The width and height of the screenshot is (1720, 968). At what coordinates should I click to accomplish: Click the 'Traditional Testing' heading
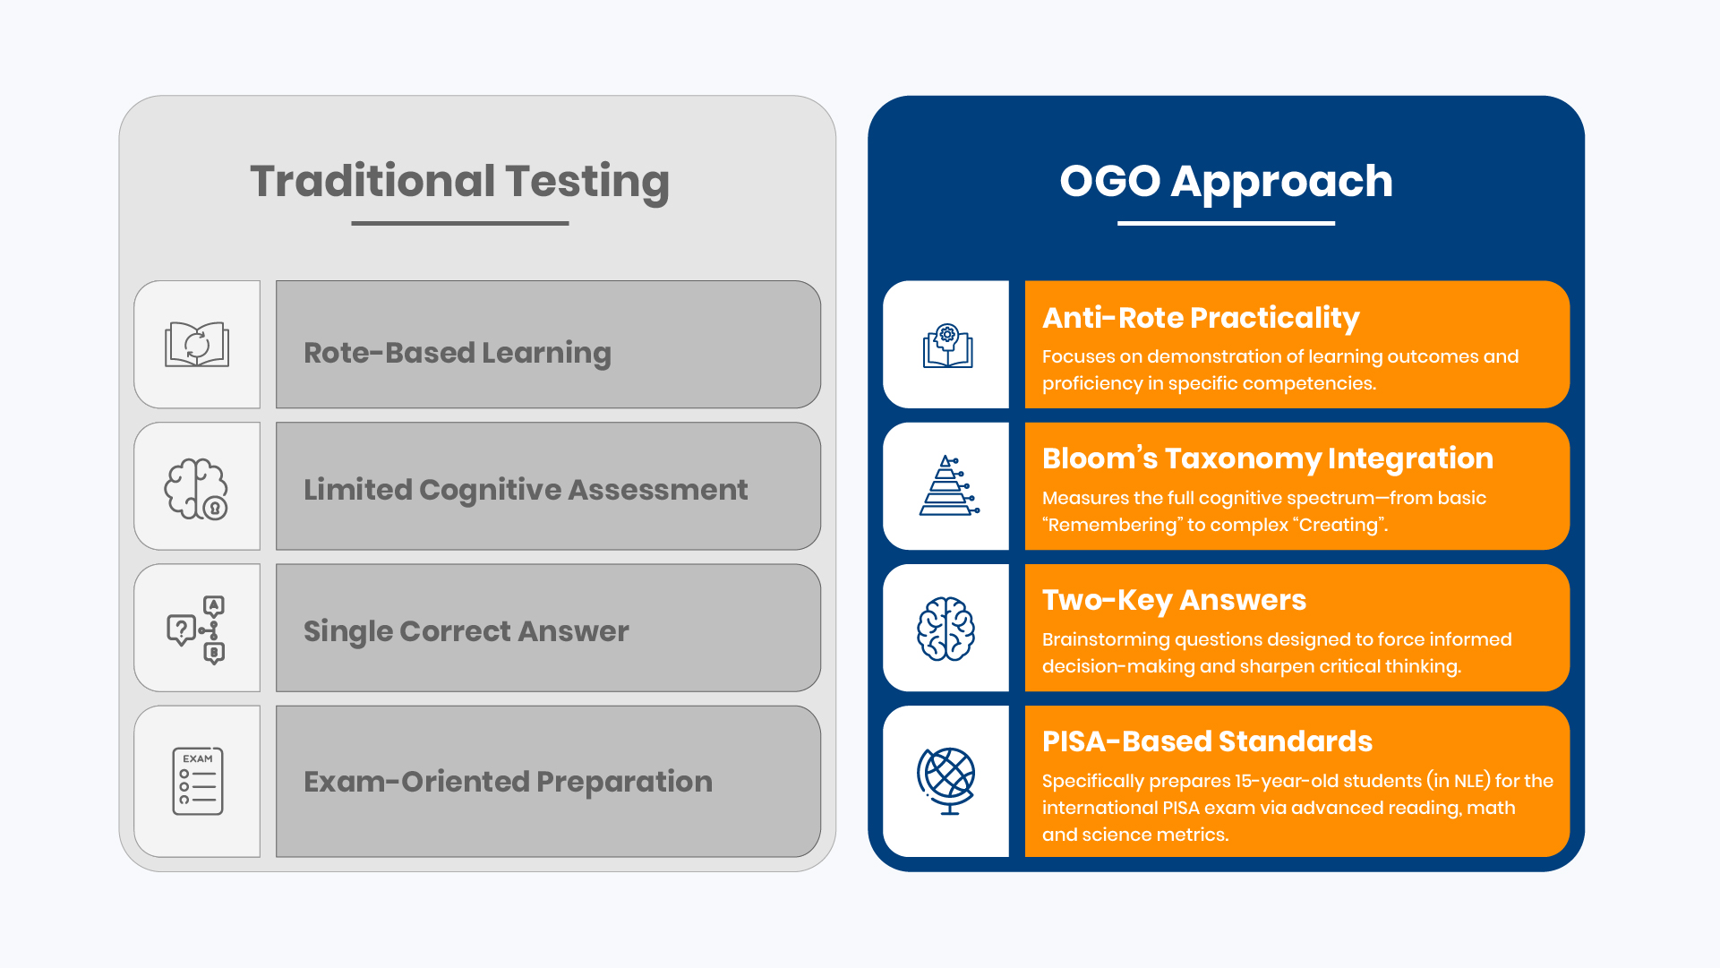coord(459,182)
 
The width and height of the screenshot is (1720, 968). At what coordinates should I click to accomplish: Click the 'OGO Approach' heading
coord(1226,182)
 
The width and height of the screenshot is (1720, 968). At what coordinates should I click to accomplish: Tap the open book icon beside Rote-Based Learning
coord(197,344)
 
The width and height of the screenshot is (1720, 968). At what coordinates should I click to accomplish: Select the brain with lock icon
coord(196,489)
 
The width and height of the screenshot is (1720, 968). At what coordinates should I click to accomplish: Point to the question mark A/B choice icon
coord(196,630)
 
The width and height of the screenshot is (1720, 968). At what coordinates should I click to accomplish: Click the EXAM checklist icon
coord(198,781)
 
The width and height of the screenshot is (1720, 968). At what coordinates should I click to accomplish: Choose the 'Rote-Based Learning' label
coord(457,353)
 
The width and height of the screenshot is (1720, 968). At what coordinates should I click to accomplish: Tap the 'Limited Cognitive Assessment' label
coord(526,490)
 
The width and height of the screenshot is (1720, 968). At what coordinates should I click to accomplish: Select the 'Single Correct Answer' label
coord(466,631)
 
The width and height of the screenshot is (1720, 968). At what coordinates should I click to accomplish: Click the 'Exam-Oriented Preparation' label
coord(508,782)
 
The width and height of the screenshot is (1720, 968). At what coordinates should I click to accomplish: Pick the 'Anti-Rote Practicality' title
coord(1201,318)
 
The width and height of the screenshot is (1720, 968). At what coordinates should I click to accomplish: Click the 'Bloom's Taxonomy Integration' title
coord(1267,458)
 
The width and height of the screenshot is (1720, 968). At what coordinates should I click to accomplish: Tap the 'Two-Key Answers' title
coord(1174,600)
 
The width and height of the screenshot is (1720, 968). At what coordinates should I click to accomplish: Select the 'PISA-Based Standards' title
coord(1207,741)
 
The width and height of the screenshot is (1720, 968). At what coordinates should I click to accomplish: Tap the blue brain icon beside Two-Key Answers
coord(946,629)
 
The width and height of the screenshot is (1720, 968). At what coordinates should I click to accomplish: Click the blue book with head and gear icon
coord(947,346)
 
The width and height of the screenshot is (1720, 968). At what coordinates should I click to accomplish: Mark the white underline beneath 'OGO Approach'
coord(1226,223)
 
